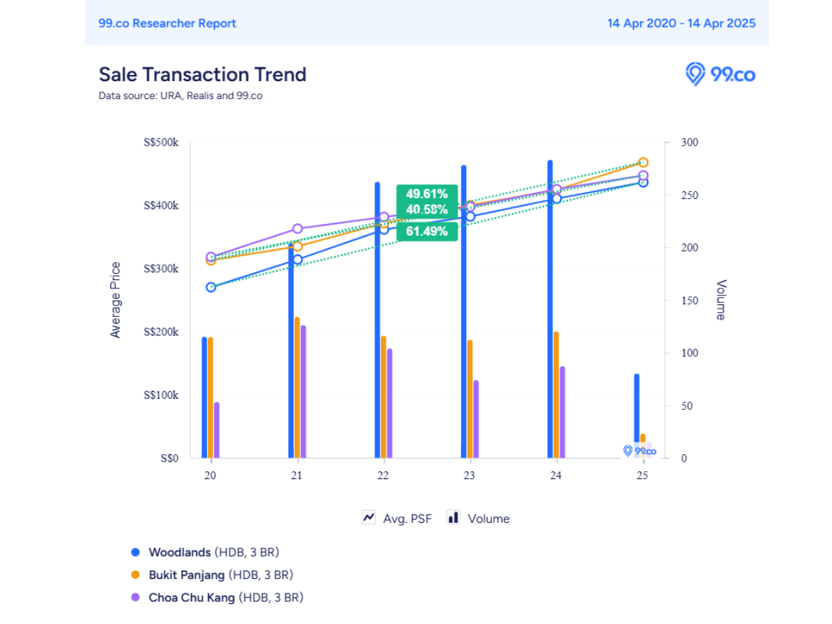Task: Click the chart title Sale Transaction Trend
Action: pyautogui.click(x=202, y=74)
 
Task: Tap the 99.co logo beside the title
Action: pyautogui.click(x=720, y=74)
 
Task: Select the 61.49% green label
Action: pyautogui.click(x=427, y=231)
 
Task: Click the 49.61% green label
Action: pyautogui.click(x=427, y=193)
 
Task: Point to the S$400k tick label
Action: pyautogui.click(x=161, y=205)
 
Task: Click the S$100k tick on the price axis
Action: pyautogui.click(x=161, y=395)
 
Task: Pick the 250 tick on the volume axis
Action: pyautogui.click(x=689, y=195)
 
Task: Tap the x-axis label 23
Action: pyautogui.click(x=469, y=475)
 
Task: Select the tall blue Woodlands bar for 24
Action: pyautogui.click(x=550, y=309)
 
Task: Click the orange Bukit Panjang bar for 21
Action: pyautogui.click(x=297, y=388)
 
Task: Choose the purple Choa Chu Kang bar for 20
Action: pyautogui.click(x=217, y=431)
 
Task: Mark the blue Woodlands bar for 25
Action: pyautogui.click(x=636, y=416)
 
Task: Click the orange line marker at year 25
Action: pyautogui.click(x=643, y=162)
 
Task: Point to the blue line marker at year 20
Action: pyautogui.click(x=211, y=287)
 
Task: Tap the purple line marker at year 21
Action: pyautogui.click(x=297, y=229)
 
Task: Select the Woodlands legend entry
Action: pyautogui.click(x=205, y=552)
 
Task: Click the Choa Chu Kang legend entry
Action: pyautogui.click(x=217, y=598)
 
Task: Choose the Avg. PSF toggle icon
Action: pyautogui.click(x=368, y=517)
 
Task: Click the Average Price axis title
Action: pyautogui.click(x=115, y=300)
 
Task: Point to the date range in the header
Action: pyautogui.click(x=681, y=23)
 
